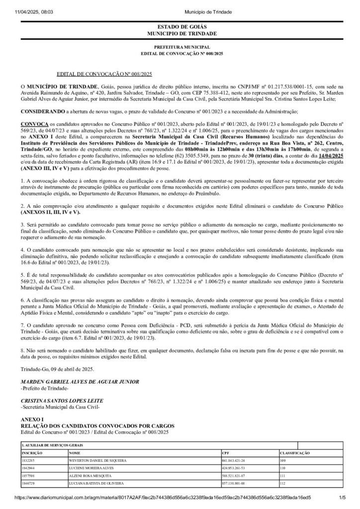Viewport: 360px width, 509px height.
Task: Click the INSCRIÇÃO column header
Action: [x=30, y=453]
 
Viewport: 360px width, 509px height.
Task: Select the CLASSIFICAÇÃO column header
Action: [x=295, y=453]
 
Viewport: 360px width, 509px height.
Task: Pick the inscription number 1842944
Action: [x=28, y=468]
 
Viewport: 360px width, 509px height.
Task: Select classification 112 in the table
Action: [x=283, y=483]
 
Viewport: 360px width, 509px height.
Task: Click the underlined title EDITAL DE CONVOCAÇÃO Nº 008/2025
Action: [x=104, y=74]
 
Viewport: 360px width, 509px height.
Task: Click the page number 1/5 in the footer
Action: [x=342, y=497]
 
